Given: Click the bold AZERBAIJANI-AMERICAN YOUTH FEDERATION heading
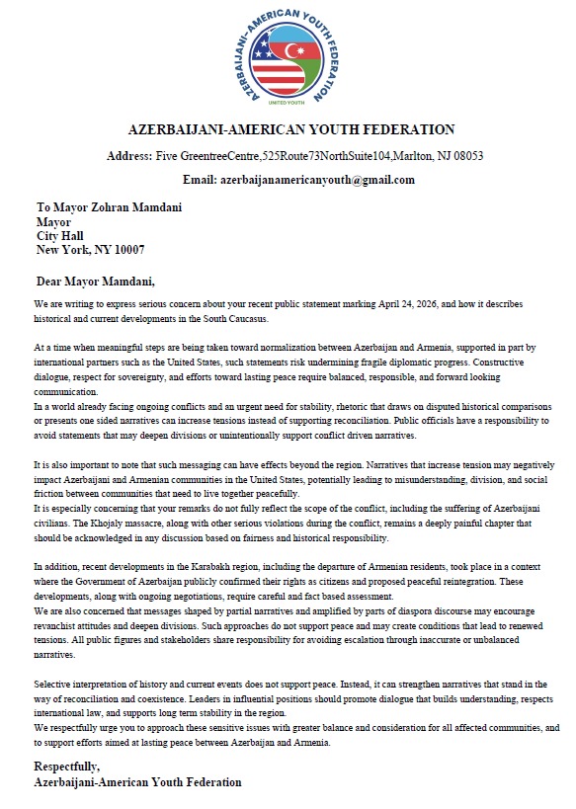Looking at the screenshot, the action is click(291, 129).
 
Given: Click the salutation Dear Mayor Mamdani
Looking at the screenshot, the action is click(96, 281).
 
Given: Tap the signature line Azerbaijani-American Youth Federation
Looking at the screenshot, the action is click(137, 781).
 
